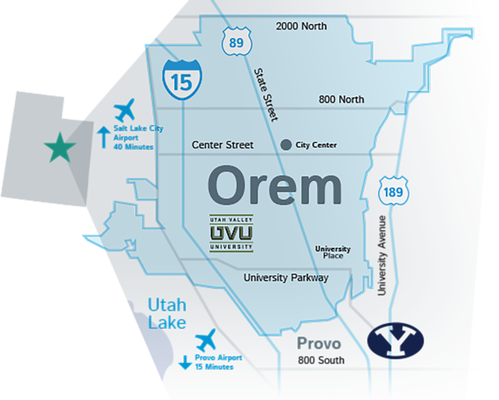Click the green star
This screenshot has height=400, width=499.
[60, 148]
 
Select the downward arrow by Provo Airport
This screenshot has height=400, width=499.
[185, 362]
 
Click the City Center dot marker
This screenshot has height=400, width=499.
[286, 145]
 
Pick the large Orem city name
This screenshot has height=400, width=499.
[274, 185]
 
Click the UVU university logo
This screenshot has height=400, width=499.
[231, 233]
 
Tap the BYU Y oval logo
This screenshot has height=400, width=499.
[395, 341]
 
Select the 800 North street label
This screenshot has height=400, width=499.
[341, 99]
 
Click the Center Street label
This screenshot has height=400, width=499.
[223, 145]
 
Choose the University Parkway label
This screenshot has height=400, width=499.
[286, 278]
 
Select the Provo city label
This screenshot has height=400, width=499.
[319, 343]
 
